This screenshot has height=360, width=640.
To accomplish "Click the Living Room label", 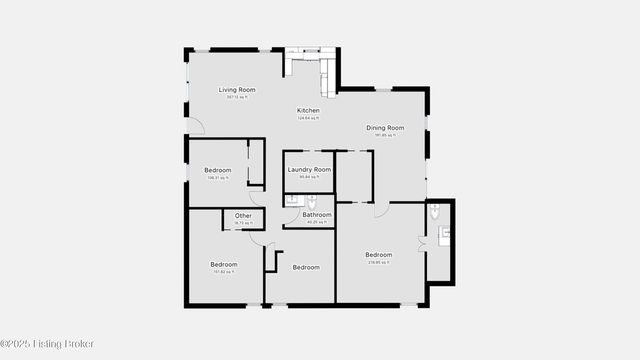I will [237, 90].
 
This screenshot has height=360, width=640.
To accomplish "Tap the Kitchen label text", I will [309, 110].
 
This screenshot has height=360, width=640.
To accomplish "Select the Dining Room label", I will [385, 128].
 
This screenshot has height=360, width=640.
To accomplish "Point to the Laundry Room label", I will [309, 170].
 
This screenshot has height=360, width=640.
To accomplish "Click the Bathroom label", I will [317, 215].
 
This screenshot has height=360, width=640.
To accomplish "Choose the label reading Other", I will [243, 216].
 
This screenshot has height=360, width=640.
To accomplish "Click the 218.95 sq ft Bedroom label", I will [378, 255].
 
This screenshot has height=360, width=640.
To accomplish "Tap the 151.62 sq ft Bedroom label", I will [223, 265].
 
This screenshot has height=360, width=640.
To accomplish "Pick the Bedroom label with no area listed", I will [305, 267].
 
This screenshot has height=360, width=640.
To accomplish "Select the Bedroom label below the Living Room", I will [217, 170].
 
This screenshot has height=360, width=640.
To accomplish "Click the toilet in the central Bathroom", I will [311, 200].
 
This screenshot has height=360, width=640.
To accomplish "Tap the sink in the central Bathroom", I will [292, 200].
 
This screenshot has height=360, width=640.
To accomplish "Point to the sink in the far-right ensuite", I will [446, 234].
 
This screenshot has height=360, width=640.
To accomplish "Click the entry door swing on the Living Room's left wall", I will [195, 126].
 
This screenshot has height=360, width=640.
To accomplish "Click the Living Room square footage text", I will [237, 97].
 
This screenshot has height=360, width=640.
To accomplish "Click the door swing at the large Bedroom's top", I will [381, 210].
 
